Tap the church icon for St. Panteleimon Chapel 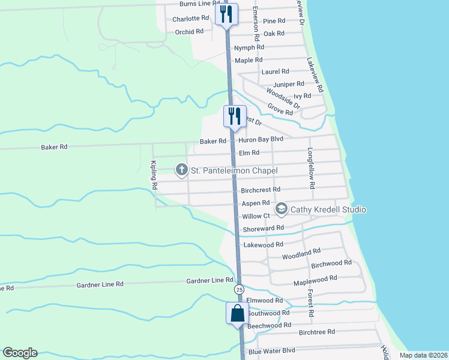coord(181,170)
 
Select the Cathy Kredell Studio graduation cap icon coord(281,209)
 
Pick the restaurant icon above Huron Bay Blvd coord(234,115)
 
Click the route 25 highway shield coord(240,289)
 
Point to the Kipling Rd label coord(154,175)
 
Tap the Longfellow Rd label coord(311,169)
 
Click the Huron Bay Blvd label coord(261,139)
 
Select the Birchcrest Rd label coord(261,190)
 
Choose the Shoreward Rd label coord(263,229)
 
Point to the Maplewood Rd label coord(315,280)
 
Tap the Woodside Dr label coord(279,95)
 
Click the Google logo coord(20,353)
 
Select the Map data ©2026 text coord(423,355)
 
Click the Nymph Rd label coord(249,47)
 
